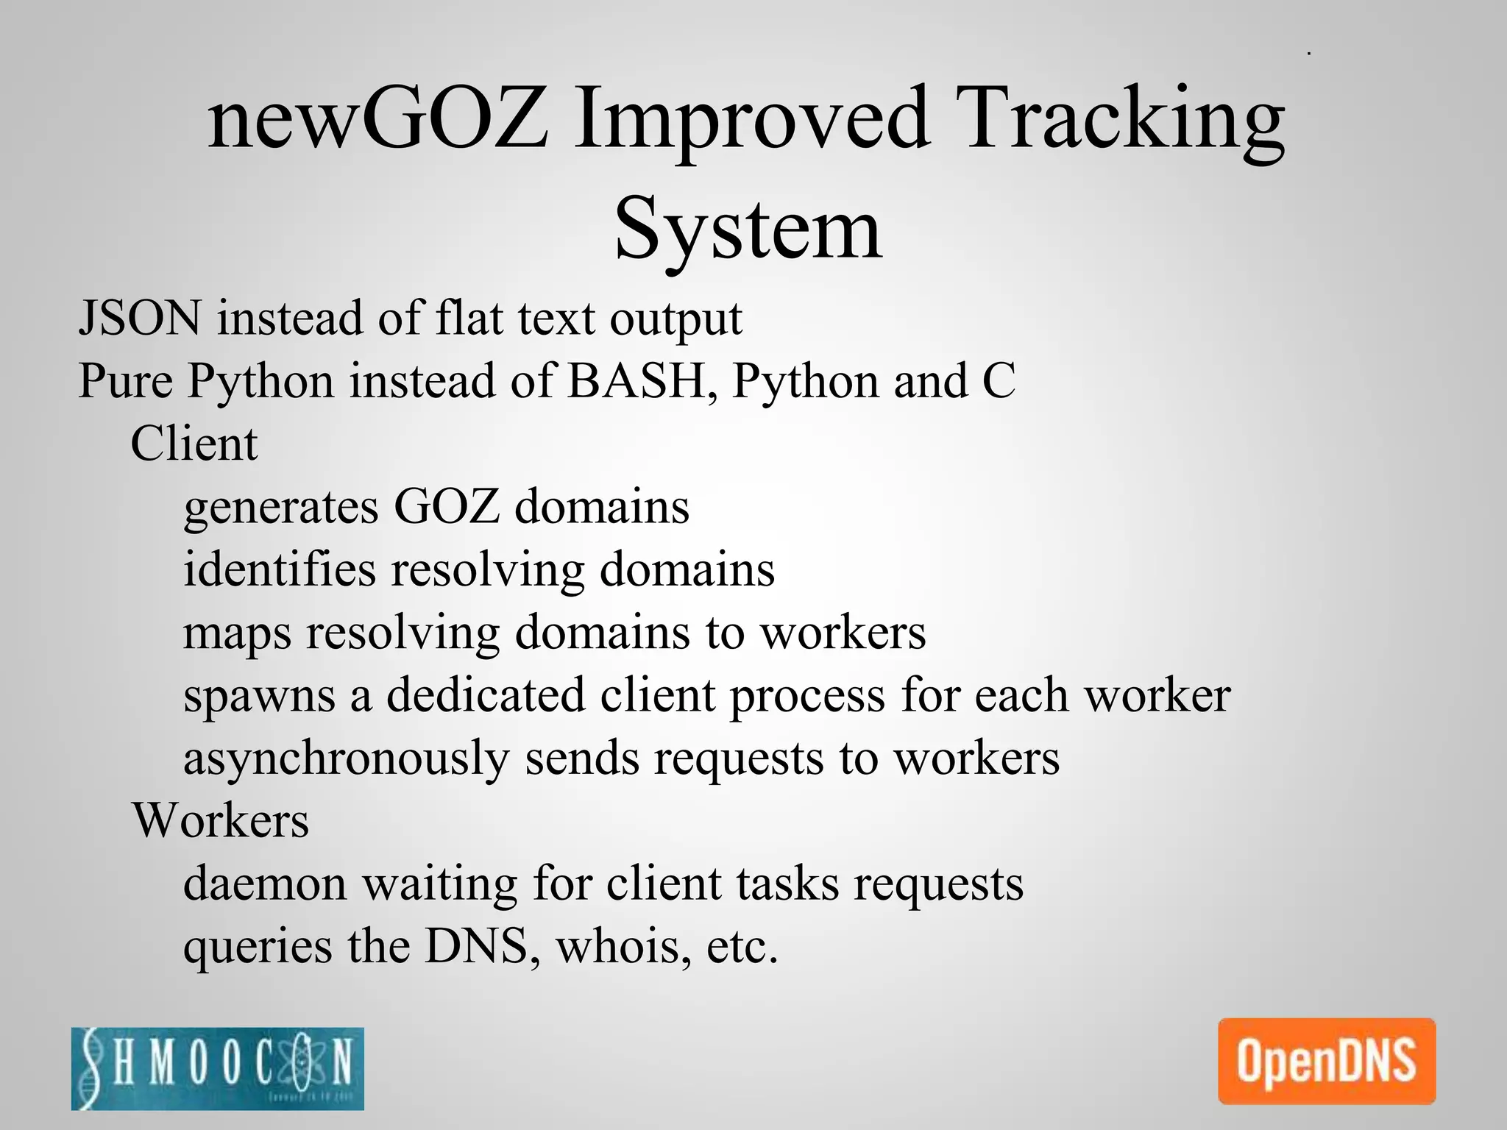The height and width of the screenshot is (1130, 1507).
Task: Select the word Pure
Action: [x=125, y=381]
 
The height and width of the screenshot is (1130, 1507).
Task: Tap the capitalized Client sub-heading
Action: [x=194, y=444]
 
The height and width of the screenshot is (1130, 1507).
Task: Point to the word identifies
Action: [x=279, y=569]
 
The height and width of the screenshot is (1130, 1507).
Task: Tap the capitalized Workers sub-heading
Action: [x=221, y=820]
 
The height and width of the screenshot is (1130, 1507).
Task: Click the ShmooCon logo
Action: [x=218, y=1068]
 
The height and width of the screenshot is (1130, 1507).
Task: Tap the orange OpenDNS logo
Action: [x=1327, y=1061]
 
